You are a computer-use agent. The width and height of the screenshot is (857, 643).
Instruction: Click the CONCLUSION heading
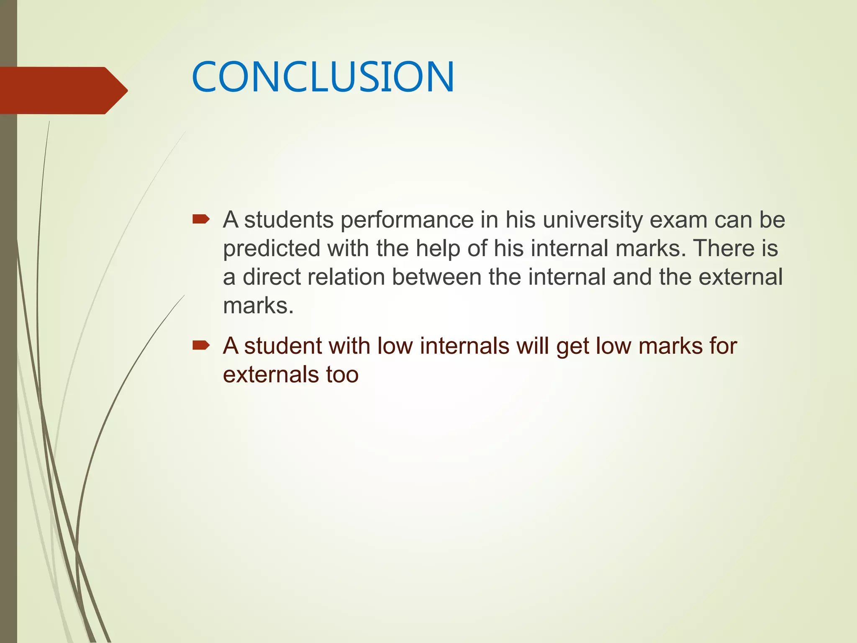[323, 77]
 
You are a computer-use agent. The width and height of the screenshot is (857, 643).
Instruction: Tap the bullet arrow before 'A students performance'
[201, 219]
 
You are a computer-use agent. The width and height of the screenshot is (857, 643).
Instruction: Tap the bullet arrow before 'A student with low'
[201, 345]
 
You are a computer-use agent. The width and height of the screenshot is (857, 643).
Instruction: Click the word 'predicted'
[272, 249]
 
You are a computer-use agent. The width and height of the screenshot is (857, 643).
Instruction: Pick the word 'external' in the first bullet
[740, 277]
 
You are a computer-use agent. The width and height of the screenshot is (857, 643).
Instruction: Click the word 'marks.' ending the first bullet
[258, 306]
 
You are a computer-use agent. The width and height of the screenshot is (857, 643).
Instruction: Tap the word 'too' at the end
[342, 375]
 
